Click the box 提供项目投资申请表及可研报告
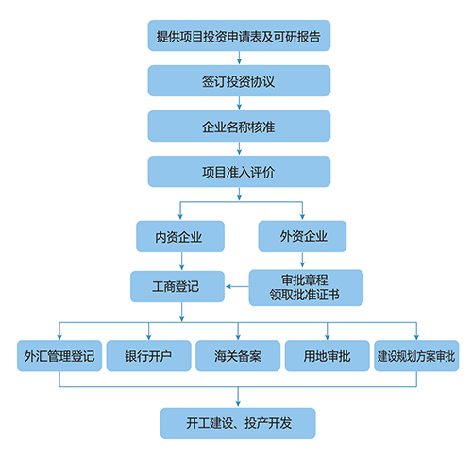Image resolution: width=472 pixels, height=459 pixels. [x=239, y=36]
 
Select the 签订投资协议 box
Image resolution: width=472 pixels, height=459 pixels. [x=239, y=81]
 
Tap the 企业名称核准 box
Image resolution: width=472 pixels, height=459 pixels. [x=239, y=126]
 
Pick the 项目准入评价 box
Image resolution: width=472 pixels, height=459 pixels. [x=239, y=172]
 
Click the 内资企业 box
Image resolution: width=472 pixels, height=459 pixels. [x=180, y=236]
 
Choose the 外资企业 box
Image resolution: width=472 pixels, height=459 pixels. [x=302, y=236]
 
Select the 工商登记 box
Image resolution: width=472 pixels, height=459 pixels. [x=177, y=286]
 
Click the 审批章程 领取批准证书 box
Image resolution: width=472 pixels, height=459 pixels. [x=306, y=287]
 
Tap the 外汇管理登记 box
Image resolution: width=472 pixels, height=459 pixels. [x=59, y=356]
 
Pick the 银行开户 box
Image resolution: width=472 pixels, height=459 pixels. [x=149, y=356]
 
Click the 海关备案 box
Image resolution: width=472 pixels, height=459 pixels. [x=238, y=356]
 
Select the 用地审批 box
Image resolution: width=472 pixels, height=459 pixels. [x=328, y=356]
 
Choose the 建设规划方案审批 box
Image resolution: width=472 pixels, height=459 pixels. [x=416, y=356]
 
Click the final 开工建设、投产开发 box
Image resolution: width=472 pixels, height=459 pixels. [x=238, y=423]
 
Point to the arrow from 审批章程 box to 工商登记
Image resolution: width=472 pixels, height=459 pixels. [x=237, y=286]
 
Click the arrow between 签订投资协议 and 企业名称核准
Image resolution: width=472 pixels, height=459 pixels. [x=239, y=103]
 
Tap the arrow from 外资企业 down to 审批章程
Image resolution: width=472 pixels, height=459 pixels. [x=302, y=260]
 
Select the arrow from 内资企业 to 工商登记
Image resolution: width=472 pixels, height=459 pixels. [x=181, y=261]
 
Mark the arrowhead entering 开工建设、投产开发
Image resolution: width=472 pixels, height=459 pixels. [x=238, y=403]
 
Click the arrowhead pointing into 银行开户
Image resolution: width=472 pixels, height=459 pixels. [x=149, y=337]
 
